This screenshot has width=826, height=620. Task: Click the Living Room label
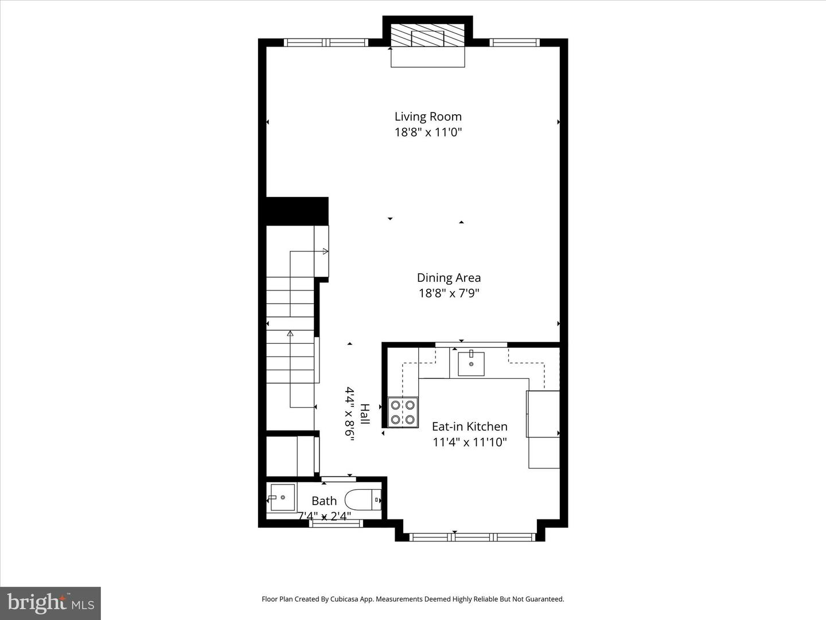click(428, 117)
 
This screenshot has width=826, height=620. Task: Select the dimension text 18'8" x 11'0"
click(428, 133)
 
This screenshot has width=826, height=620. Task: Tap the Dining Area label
click(449, 278)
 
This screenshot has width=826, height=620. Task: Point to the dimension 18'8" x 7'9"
click(449, 293)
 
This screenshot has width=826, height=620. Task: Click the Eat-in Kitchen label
click(469, 427)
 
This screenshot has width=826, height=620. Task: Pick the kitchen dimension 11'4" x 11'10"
click(469, 443)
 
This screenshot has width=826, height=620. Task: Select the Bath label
click(324, 501)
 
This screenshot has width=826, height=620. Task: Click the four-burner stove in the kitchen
click(403, 412)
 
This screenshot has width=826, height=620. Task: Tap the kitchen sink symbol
click(471, 364)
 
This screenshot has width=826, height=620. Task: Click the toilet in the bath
click(364, 500)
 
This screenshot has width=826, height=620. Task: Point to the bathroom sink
click(282, 497)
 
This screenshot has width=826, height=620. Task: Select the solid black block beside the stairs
click(297, 211)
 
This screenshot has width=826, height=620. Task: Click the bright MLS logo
click(50, 603)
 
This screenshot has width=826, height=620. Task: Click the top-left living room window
click(326, 42)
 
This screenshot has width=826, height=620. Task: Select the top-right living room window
click(515, 42)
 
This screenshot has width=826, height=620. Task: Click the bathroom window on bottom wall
click(336, 523)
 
